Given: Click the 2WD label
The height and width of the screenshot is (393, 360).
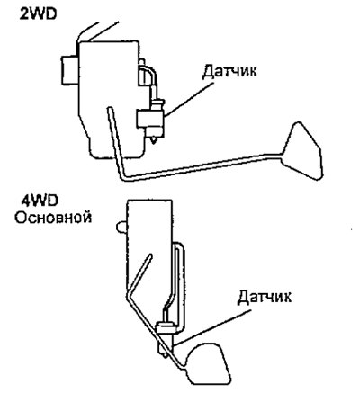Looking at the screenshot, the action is (38, 14).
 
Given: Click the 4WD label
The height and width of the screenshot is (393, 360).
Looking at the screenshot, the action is (40, 201).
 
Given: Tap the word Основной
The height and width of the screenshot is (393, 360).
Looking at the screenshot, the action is (53, 218).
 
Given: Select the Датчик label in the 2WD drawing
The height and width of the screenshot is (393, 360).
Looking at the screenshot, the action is (229, 72).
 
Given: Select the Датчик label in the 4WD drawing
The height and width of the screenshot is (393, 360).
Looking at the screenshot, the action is (265, 297).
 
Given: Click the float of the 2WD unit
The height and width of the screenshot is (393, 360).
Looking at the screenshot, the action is (301, 151).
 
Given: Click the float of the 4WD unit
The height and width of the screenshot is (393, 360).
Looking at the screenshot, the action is (208, 363).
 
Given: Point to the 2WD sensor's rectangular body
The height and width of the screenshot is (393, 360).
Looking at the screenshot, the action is (150, 118).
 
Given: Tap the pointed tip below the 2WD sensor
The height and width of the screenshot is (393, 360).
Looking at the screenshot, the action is (154, 142).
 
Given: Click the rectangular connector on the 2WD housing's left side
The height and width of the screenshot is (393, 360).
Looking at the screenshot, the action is (70, 70).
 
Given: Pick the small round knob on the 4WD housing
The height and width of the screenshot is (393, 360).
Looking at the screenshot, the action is (121, 228).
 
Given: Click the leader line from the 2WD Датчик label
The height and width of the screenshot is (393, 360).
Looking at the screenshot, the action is (189, 99).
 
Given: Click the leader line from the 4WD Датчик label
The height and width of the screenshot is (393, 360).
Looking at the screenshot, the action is (213, 326).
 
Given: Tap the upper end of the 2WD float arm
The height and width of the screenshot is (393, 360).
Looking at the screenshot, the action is (110, 109).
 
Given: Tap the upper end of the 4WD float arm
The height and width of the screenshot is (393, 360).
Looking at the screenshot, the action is (150, 255).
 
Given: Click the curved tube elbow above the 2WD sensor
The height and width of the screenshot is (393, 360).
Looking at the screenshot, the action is (151, 71).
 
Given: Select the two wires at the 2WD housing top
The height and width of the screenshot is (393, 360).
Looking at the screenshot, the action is (96, 31).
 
